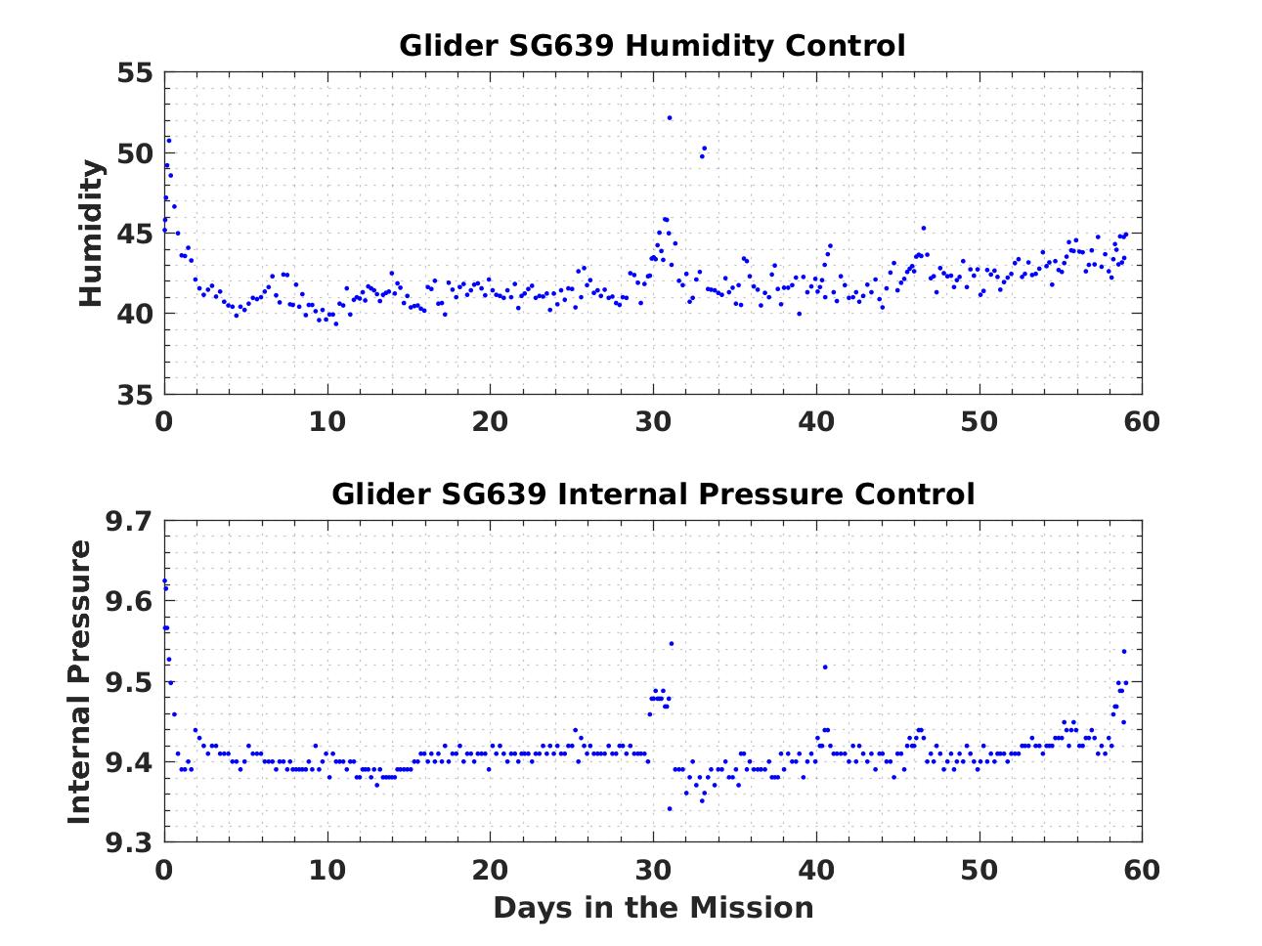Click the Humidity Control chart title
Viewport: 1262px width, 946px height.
(x=652, y=46)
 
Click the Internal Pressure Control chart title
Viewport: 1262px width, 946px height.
(x=652, y=494)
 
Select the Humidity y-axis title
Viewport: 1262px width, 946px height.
(x=91, y=234)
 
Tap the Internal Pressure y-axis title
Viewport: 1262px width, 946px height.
(x=80, y=681)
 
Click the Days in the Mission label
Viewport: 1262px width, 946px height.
(x=652, y=908)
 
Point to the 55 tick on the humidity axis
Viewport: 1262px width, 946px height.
(x=135, y=73)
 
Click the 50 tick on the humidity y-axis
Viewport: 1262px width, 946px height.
(x=135, y=153)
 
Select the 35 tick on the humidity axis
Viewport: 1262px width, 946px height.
(x=135, y=395)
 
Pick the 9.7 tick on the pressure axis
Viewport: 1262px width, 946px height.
(x=128, y=522)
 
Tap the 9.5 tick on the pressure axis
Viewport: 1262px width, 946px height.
(x=128, y=682)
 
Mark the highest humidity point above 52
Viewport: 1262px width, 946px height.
(x=670, y=117)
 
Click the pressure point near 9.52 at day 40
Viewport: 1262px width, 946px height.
(x=825, y=666)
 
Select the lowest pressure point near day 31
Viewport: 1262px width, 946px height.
(x=670, y=808)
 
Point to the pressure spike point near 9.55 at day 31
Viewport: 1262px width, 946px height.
(x=671, y=643)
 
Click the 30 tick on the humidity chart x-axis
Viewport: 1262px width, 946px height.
(x=653, y=421)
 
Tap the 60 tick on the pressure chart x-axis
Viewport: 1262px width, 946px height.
(x=1142, y=869)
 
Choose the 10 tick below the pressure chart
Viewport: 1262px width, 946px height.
(x=327, y=869)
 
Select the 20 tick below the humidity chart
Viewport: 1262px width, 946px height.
(x=490, y=421)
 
